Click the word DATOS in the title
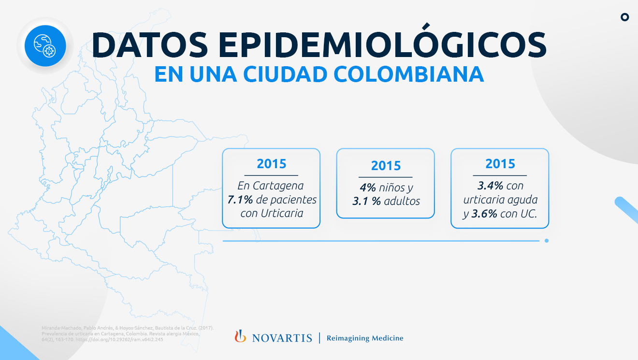[148, 45]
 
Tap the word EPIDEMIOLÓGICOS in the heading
[382, 45]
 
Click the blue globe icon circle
[45, 46]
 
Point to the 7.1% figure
[241, 200]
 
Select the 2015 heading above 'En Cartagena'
[271, 163]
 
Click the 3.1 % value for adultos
[366, 201]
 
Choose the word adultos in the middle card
[402, 201]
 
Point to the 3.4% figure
[490, 186]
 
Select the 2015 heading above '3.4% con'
[500, 163]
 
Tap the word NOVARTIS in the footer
[282, 338]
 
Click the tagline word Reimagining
[347, 338]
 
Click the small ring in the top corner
[624, 17]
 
